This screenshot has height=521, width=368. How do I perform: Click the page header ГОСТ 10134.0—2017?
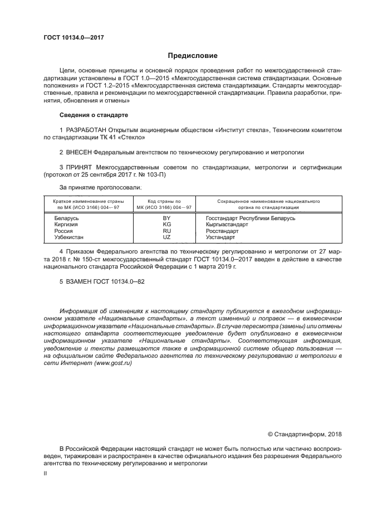pyautogui.click(x=74, y=38)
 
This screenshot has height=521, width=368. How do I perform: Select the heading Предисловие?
pyautogui.click(x=192, y=56)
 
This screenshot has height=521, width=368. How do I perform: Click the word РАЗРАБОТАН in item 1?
pyautogui.click(x=85, y=130)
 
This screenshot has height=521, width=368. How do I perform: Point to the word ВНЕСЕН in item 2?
pyautogui.click(x=77, y=152)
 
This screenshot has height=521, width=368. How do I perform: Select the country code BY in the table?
pyautogui.click(x=166, y=218)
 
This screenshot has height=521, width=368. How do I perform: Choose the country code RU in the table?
pyautogui.click(x=166, y=231)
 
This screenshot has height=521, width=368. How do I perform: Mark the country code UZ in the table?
pyautogui.click(x=166, y=237)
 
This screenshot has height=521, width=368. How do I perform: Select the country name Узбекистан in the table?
pyautogui.click(x=69, y=237)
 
